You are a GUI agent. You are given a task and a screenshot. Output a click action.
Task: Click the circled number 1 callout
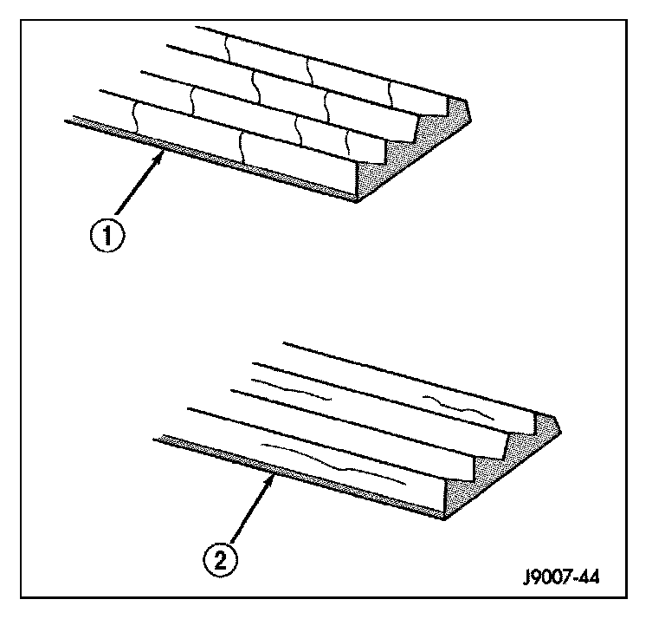coord(107,235)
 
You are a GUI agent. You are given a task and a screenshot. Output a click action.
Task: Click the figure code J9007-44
coord(561,577)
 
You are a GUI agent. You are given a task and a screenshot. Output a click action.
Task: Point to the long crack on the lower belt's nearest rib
coord(332,464)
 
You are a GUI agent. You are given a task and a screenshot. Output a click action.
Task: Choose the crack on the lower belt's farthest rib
coord(459,407)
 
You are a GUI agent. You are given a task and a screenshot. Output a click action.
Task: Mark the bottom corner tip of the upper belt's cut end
coord(357,201)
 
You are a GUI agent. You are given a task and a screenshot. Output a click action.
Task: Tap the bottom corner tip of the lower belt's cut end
coord(444,518)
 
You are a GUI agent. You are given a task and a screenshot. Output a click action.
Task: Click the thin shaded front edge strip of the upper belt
coord(210,158)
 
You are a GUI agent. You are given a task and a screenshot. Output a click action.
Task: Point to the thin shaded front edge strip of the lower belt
coord(299,476)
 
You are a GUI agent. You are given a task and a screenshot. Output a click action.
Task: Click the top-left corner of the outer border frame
coord(21,20)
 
